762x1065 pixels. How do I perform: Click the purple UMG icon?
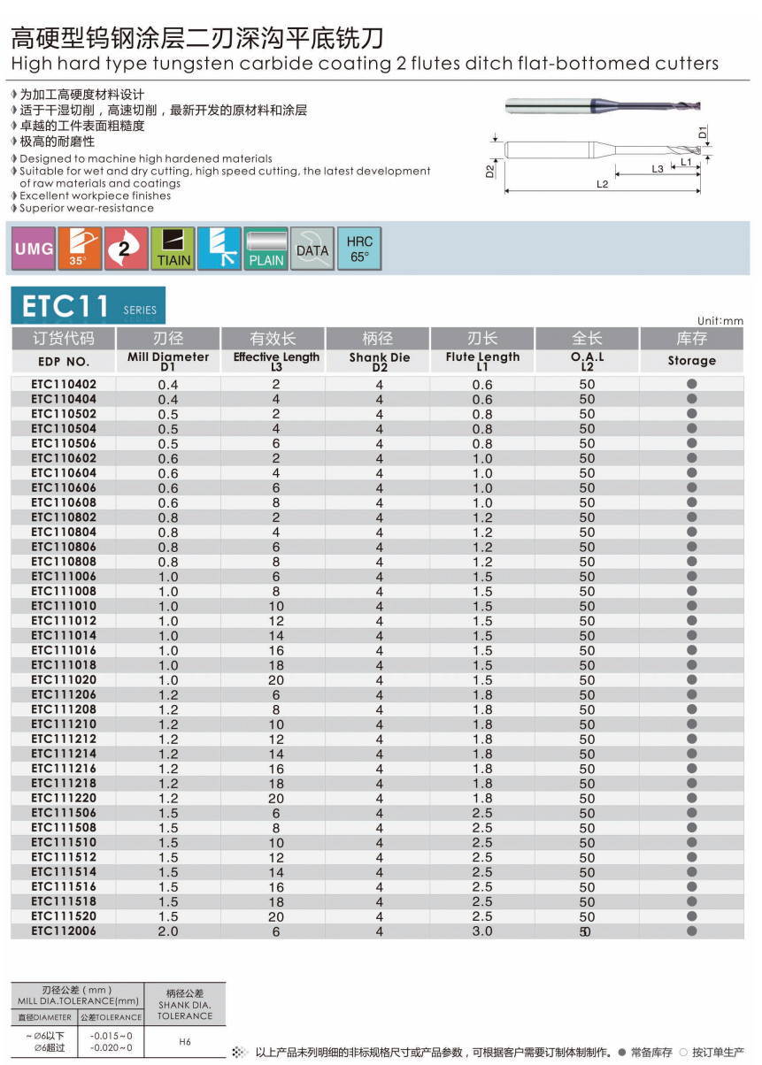tap(34, 249)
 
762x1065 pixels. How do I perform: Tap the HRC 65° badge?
tap(359, 249)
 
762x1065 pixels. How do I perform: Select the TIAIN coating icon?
tap(173, 249)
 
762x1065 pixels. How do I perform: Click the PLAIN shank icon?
tap(266, 249)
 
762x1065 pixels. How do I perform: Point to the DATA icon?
tap(312, 249)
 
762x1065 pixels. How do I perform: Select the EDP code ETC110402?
tap(64, 385)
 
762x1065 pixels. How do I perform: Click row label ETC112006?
tap(64, 931)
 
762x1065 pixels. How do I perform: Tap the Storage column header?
tap(691, 361)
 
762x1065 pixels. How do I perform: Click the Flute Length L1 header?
tap(482, 361)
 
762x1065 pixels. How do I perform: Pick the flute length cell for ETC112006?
tap(482, 931)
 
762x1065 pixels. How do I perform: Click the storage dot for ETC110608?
tap(692, 502)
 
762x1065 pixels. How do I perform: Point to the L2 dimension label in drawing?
tap(603, 184)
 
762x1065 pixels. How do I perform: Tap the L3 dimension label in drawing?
tap(658, 168)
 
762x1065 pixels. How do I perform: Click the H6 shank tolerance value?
tap(185, 1041)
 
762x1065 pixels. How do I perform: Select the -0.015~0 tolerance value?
tap(112, 1036)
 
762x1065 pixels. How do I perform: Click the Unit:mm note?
tap(720, 321)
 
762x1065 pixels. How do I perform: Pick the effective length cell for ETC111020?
tap(276, 680)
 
